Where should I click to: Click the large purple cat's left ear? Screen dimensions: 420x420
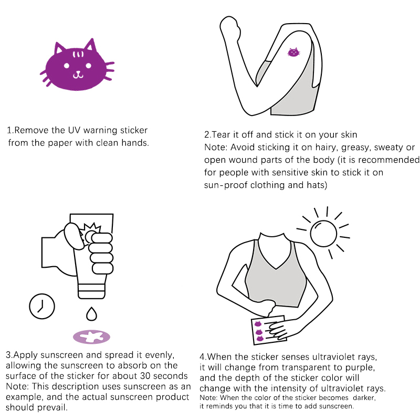click(x=59, y=48)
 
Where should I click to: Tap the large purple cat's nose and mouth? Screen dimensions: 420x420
click(x=78, y=75)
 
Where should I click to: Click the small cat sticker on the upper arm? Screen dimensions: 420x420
click(x=293, y=52)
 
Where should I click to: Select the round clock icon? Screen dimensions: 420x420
click(x=42, y=306)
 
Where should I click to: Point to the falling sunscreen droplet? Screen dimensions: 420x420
click(x=91, y=313)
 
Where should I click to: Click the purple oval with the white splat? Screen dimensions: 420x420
click(x=91, y=337)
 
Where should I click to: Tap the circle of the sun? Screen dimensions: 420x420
click(x=323, y=233)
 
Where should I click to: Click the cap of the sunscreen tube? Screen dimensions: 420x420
click(x=91, y=291)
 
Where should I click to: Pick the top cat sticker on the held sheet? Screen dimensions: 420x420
click(x=258, y=324)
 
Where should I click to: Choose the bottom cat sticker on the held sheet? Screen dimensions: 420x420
click(x=260, y=339)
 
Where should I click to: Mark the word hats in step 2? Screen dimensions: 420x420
click(x=317, y=185)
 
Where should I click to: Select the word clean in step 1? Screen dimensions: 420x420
click(x=108, y=143)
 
